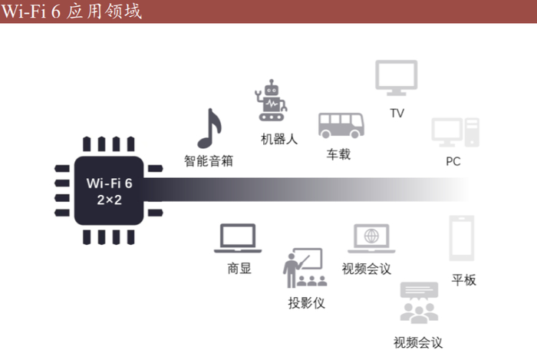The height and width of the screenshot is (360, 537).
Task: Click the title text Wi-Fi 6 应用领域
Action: click(72, 12)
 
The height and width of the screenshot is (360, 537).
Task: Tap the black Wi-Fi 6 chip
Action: click(110, 190)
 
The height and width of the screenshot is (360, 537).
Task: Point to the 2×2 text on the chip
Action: click(110, 197)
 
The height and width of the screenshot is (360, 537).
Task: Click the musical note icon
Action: click(208, 129)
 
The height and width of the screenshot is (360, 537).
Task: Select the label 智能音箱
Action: click(208, 161)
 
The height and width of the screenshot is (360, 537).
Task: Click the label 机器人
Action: click(278, 139)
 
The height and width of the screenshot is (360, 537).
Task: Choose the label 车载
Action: click(338, 154)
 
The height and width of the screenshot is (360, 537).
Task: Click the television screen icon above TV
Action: click(396, 79)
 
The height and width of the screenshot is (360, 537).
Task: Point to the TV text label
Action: click(397, 114)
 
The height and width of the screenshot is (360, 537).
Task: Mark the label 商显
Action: click(239, 269)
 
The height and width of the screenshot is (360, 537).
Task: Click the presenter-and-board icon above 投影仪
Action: click(302, 267)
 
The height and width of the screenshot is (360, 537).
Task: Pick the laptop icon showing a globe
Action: click(371, 239)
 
